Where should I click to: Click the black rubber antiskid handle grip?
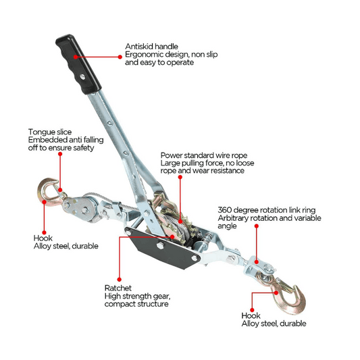[78, 63]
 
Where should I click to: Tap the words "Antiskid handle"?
[151, 47]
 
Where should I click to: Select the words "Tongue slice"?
[50, 132]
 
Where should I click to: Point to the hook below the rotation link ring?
[285, 292]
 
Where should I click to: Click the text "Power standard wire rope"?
[204, 155]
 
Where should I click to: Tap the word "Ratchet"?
[118, 288]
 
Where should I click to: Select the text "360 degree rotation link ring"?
[267, 210]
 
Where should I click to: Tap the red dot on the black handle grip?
[76, 57]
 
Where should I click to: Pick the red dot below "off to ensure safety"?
[60, 154]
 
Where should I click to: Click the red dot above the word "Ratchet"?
[119, 280]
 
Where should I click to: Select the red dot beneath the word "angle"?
[257, 226]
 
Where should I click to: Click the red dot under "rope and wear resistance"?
[180, 177]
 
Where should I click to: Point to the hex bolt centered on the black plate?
[160, 246]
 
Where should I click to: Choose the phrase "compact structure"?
[136, 304]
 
